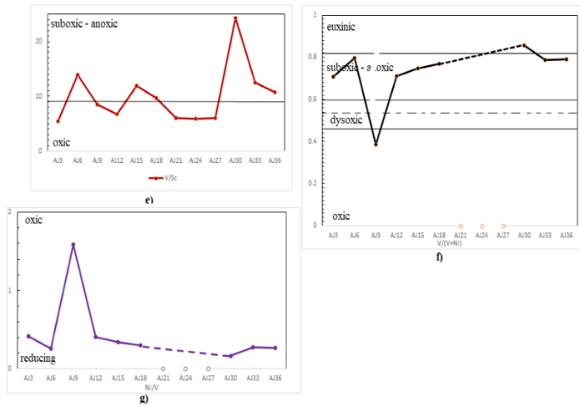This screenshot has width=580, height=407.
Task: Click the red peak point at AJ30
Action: [235, 18]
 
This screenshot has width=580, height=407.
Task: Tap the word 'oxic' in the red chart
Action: [50, 142]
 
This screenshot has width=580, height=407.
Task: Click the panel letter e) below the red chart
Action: [148, 200]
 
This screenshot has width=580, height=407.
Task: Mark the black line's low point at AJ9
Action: [376, 145]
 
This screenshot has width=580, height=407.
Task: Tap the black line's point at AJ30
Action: [523, 45]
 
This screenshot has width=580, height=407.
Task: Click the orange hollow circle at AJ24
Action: [482, 226]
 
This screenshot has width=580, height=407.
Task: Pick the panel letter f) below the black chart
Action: [439, 257]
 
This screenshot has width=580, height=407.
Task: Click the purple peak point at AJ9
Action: [73, 245]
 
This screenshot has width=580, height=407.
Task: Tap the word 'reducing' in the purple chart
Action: [38, 358]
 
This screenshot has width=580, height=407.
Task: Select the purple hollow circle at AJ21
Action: [163, 369]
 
